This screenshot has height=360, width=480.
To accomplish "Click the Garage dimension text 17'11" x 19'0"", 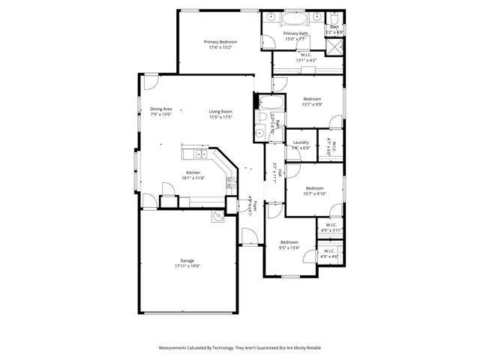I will click(187, 266).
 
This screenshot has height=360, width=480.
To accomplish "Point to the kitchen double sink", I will click(201, 154).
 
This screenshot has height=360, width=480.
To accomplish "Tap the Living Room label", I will click(220, 112).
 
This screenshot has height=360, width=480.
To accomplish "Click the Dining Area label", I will click(161, 109).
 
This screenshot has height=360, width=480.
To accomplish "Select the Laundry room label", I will click(301, 142).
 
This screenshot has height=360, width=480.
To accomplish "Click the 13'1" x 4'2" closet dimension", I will click(306, 60).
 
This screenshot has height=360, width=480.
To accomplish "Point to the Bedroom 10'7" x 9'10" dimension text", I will click(314, 193).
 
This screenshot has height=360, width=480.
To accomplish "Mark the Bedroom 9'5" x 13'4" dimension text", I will click(289, 247).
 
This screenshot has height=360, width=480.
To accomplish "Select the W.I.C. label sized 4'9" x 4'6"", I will click(330, 256).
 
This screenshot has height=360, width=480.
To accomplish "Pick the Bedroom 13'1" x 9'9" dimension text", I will click(312, 105).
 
